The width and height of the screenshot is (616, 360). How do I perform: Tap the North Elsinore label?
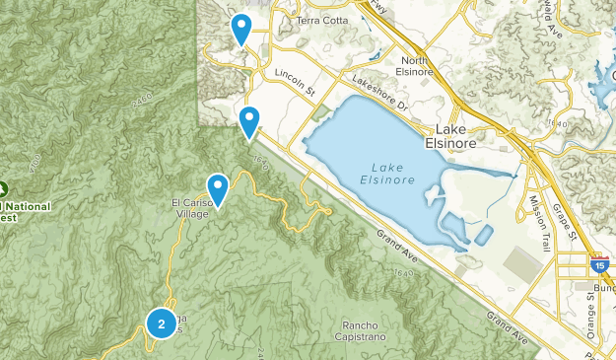click(x=415, y=67)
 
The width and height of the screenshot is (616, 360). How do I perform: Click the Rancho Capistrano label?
click(x=367, y=332)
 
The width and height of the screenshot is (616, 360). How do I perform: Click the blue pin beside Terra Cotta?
click(x=240, y=29)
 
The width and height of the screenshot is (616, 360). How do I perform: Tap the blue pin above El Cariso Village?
click(x=217, y=187)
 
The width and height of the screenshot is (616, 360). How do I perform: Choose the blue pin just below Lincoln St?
click(x=249, y=121)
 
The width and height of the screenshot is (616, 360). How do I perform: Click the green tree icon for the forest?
click(x=2, y=188)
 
